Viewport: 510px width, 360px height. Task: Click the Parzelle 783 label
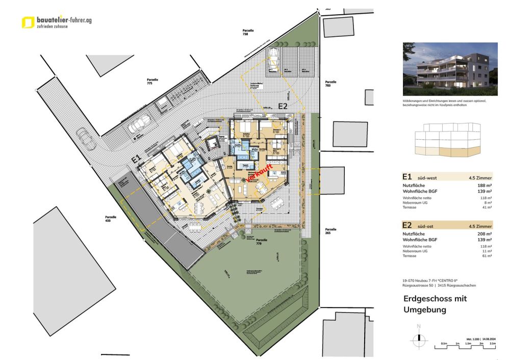click(330, 83)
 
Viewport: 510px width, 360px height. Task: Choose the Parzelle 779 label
click(262, 241)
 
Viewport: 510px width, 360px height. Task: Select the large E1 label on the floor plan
click(136, 160)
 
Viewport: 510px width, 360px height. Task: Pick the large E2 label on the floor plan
click(283, 107)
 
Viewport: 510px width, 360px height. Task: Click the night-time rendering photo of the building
click(450, 69)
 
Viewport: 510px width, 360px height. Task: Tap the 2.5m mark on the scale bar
click(492, 344)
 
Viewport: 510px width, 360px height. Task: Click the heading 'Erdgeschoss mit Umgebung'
click(435, 304)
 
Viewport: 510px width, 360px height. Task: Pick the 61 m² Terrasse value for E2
click(487, 256)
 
